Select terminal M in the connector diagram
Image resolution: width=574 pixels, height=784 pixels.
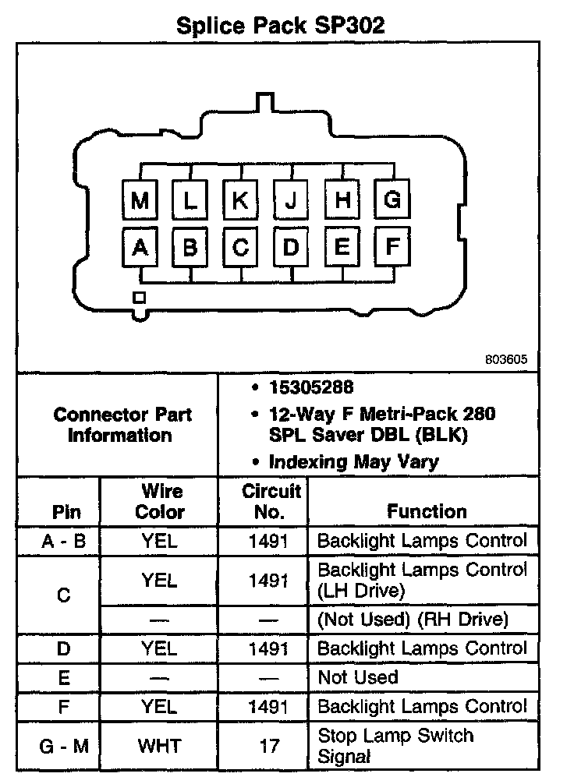coord(140,200)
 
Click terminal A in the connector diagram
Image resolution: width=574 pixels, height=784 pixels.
coord(140,247)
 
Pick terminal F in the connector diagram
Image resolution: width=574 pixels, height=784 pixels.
coord(392,247)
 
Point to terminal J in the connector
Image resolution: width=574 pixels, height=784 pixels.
coord(291,200)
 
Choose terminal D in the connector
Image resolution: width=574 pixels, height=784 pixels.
coord(291,247)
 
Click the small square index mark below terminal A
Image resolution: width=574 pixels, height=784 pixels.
coord(139,297)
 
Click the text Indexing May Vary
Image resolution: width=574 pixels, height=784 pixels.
coord(353,461)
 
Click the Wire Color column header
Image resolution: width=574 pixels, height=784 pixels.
coord(161,501)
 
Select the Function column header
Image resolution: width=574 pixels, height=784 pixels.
coord(427,511)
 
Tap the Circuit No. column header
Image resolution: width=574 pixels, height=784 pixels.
coord(271,501)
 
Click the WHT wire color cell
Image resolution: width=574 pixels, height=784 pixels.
coord(161,746)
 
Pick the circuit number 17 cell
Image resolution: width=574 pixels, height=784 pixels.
coord(270,746)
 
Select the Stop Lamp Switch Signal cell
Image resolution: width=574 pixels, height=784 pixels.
coord(395,745)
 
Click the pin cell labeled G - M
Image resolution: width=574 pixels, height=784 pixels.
coord(64,746)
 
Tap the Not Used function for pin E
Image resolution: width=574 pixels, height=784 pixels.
coord(358,677)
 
